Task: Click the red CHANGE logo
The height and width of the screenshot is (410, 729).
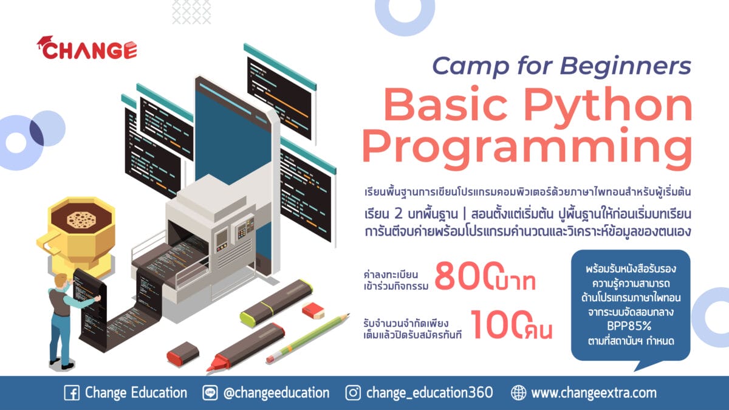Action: pyautogui.click(x=87, y=48)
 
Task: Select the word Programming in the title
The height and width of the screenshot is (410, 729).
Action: pyautogui.click(x=527, y=148)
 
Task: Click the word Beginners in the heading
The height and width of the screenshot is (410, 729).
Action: pyautogui.click(x=625, y=66)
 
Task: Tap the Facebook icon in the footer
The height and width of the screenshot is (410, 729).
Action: pyautogui.click(x=72, y=393)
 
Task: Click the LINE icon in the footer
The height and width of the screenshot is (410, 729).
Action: pyautogui.click(x=210, y=393)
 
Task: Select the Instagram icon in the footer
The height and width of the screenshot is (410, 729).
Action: pyautogui.click(x=353, y=393)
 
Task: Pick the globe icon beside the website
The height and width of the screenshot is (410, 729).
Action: pyautogui.click(x=518, y=393)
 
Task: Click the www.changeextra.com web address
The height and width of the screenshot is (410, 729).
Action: pyautogui.click(x=594, y=393)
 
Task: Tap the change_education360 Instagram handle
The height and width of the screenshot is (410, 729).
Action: pyautogui.click(x=430, y=393)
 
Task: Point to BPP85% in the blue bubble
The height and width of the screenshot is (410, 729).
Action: pyautogui.click(x=629, y=326)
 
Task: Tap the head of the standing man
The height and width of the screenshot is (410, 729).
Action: pyautogui.click(x=61, y=281)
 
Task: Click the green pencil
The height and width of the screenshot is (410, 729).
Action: pyautogui.click(x=307, y=338)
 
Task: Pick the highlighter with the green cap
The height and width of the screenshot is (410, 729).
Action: pyautogui.click(x=276, y=301)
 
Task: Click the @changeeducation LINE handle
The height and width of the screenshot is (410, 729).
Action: pyautogui.click(x=276, y=393)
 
